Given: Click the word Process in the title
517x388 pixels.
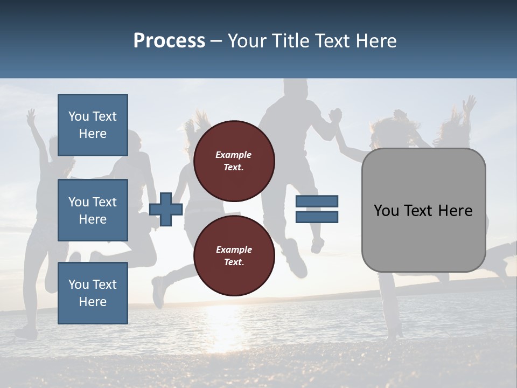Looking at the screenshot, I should click(x=169, y=41).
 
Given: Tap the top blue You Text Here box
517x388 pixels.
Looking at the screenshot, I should click(x=93, y=125).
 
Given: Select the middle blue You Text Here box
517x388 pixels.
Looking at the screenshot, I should click(x=93, y=210).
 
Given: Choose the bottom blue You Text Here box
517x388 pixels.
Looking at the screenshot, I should click(x=93, y=293).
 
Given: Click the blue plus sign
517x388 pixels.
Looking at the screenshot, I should click(x=166, y=210).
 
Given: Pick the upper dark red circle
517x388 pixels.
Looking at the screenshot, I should click(x=234, y=161).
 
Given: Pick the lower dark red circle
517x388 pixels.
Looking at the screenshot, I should click(x=234, y=256).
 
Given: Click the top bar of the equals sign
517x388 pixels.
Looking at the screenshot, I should click(x=317, y=202).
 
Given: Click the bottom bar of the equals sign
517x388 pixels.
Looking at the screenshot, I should click(x=317, y=217).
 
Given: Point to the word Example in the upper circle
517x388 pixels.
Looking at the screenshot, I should click(x=234, y=155).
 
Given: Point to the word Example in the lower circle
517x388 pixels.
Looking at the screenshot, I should click(x=234, y=250).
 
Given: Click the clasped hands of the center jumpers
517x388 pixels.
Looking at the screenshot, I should click(x=336, y=115).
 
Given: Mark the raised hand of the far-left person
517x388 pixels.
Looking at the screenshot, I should click(x=31, y=115).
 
